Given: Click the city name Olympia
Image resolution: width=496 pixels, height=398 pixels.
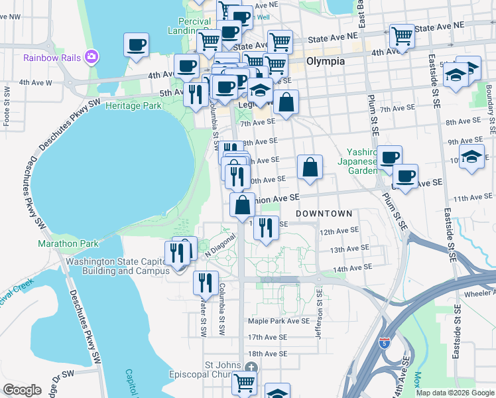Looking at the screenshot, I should point(326,61).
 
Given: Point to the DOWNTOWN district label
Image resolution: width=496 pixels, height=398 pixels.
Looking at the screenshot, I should point(324,214).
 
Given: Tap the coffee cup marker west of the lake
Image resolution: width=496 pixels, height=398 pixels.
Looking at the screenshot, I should point(136,46).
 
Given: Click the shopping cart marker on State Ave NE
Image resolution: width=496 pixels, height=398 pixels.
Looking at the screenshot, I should point(402,35).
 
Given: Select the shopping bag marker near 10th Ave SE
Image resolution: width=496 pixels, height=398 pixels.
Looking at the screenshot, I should point(310,167).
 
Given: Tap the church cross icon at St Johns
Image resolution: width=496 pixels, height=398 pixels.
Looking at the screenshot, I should point(250,367).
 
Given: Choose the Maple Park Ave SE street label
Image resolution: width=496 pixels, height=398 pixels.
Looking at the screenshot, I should point(279,320).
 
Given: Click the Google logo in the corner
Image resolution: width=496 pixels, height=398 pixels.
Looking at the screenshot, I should point(23,389).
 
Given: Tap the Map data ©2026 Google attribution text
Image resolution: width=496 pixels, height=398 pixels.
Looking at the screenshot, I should point(454,393).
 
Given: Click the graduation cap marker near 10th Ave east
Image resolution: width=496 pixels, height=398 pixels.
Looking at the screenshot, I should point(471,158).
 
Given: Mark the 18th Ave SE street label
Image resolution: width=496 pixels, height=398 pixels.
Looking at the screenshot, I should point(268,354).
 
